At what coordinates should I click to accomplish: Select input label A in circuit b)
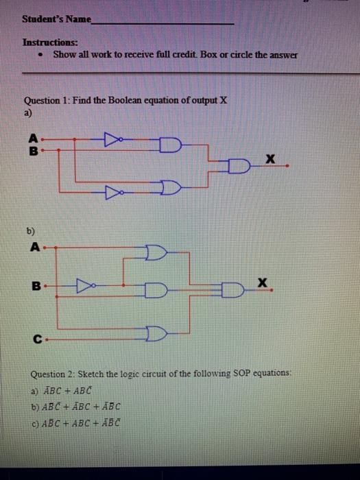[x=34, y=246]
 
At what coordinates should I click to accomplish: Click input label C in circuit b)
[x=34, y=337]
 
